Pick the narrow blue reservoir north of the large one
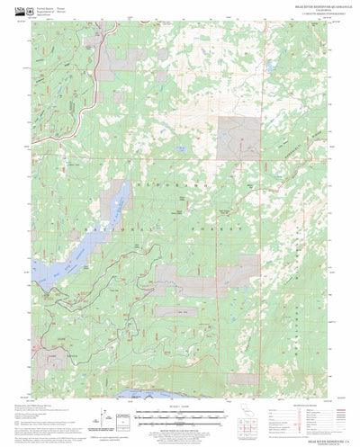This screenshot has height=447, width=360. pyautogui.click(x=116, y=201)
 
